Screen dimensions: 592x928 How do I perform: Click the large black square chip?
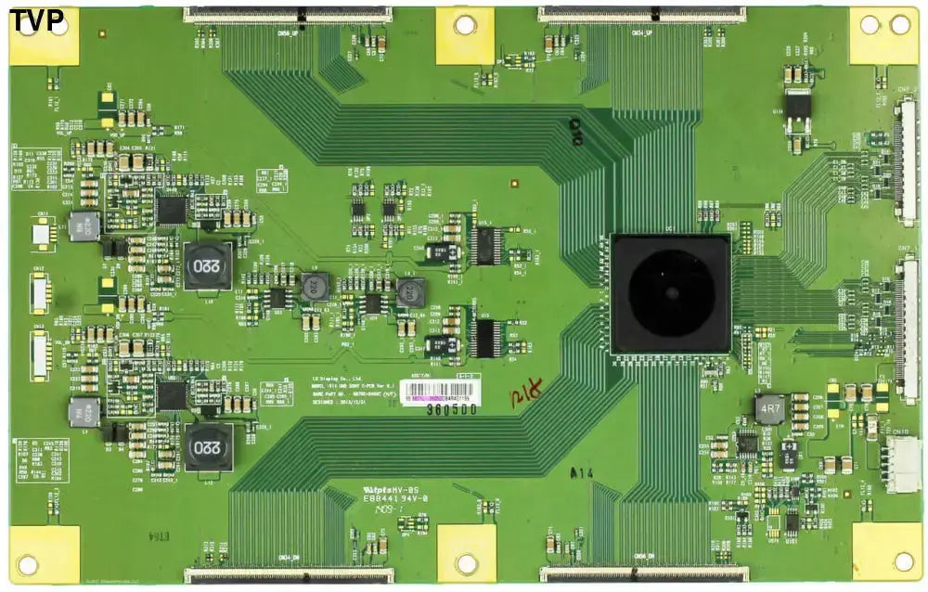[671, 293]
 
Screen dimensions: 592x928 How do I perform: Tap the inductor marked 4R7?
[769, 408]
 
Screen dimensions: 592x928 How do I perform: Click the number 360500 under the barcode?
[451, 408]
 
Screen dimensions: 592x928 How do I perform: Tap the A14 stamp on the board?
[582, 473]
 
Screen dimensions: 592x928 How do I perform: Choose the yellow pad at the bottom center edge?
[466, 553]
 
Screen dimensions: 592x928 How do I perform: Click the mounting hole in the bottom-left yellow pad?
[29, 562]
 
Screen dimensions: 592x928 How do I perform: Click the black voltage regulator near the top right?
[797, 107]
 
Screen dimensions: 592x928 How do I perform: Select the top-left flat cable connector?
[287, 14]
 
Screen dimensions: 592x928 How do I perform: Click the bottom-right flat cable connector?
[643, 575]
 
